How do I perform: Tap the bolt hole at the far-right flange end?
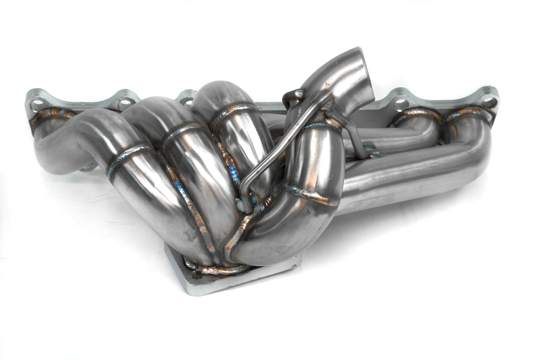[x=489, y=101]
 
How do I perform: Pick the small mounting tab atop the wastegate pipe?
[x=293, y=98]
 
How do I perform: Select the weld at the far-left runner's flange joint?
[x=51, y=114]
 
